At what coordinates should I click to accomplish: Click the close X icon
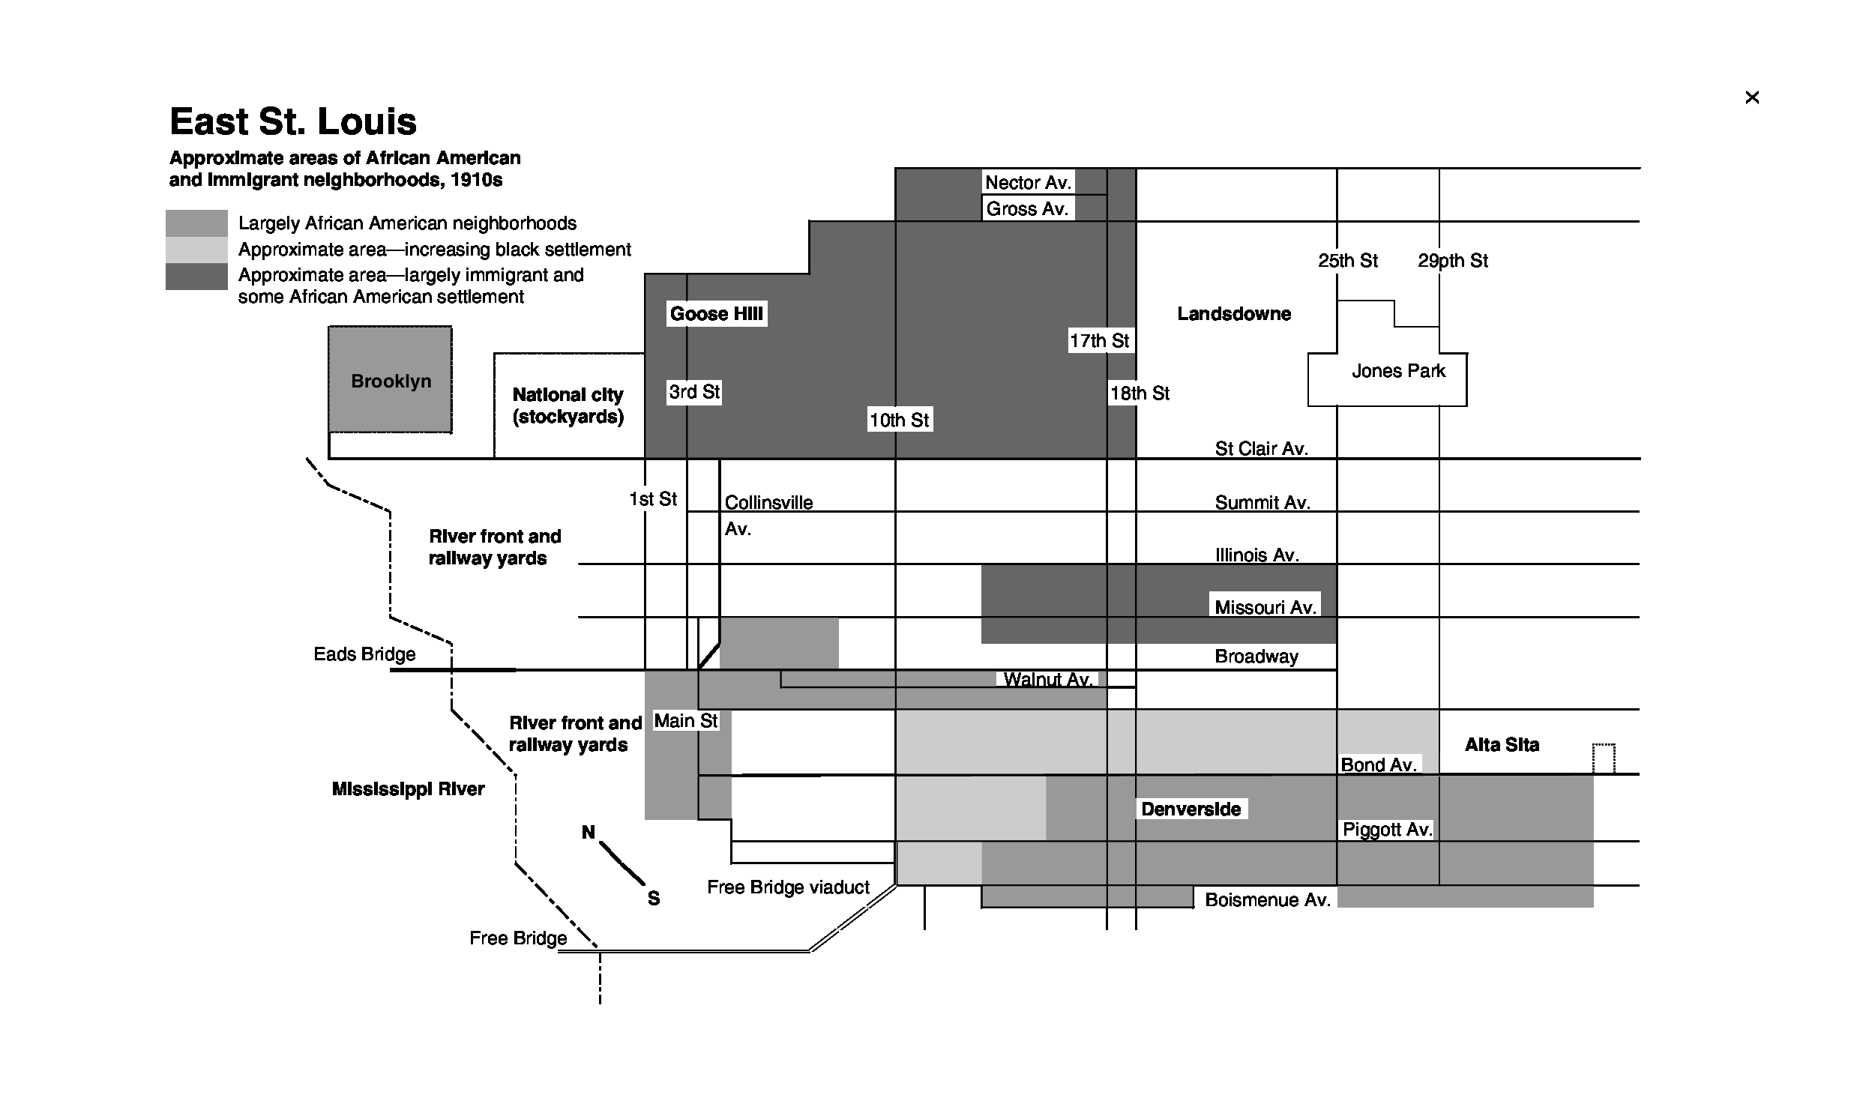(1751, 97)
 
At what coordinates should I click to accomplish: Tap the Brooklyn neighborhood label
(391, 381)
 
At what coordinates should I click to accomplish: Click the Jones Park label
(1398, 371)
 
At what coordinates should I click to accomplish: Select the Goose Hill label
(716, 313)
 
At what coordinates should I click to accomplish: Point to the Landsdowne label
(1234, 313)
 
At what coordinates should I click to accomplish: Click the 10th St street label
(899, 420)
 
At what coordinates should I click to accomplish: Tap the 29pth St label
(1452, 261)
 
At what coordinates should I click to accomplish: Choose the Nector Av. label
(1028, 182)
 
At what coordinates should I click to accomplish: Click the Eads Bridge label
(364, 654)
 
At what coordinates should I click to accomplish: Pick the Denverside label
(1191, 809)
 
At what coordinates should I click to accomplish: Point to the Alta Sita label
(1502, 744)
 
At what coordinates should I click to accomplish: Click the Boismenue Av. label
(1267, 899)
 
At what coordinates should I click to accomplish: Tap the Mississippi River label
(408, 788)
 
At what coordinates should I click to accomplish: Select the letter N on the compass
(589, 832)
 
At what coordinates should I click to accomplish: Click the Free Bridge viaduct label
(788, 887)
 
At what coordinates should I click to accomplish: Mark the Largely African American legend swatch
(196, 223)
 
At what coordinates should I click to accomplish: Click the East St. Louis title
(293, 121)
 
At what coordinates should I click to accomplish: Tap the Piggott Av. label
(1387, 830)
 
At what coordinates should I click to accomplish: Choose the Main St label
(686, 721)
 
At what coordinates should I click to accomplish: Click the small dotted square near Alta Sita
(1603, 758)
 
